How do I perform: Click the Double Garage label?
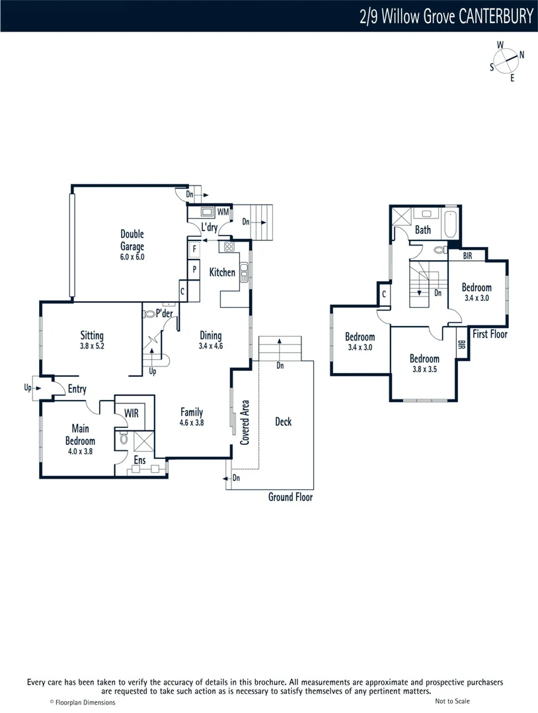coord(132,240)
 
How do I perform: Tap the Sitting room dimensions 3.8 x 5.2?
coord(92,345)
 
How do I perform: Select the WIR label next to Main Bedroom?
coord(132,413)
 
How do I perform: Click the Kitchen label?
coord(222,272)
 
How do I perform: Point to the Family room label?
coord(192,413)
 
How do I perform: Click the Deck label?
coord(283,422)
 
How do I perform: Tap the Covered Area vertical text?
coord(245,423)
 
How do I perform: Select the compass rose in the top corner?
coord(507,61)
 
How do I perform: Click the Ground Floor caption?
coord(290,497)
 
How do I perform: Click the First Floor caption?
coord(490,334)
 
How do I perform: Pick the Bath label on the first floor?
coord(423,230)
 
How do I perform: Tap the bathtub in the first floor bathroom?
coord(452,224)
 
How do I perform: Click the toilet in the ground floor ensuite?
coord(124,439)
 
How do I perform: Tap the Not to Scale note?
coord(453,701)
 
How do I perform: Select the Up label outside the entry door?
coord(28,388)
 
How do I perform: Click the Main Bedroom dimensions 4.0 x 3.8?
coord(80,452)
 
